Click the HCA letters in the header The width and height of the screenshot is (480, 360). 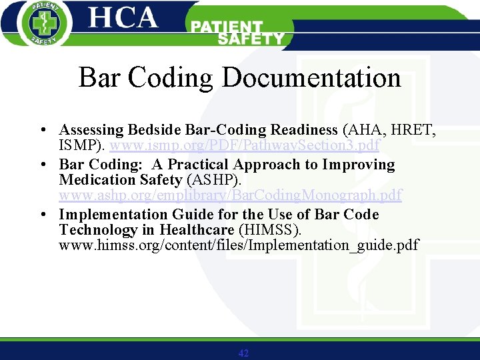[x=123, y=17]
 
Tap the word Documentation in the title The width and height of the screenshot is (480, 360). [x=311, y=78]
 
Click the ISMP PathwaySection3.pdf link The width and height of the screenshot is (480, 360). [x=245, y=145]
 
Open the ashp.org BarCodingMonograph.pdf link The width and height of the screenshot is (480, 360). [x=231, y=195]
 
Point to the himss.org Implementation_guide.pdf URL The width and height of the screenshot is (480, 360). [x=239, y=245]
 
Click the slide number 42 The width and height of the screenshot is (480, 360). [x=243, y=353]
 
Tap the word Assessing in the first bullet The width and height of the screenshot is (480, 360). [x=91, y=130]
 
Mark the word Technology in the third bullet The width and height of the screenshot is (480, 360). [x=97, y=230]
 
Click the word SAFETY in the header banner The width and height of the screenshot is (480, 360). [x=251, y=39]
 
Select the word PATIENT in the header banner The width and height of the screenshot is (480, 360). [x=227, y=27]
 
